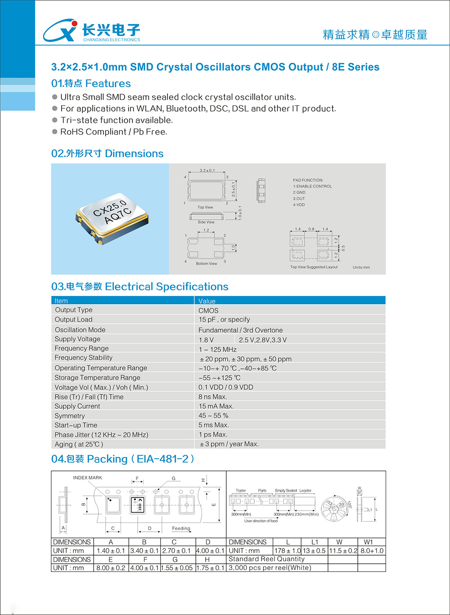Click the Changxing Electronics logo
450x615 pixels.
pos(91,31)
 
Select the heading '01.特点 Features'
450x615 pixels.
pos(91,83)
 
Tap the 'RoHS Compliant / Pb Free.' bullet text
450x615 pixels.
pos(113,132)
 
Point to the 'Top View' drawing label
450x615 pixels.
pos(205,208)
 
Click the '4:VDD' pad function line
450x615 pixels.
pos(299,205)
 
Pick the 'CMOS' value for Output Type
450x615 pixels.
pos(208,311)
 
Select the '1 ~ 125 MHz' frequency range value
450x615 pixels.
pos(217,349)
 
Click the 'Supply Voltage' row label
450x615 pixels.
pos(77,339)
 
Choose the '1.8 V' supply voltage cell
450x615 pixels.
pos(206,340)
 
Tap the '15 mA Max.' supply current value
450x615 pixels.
pos(216,406)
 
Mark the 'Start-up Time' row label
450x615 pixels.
pos(76,425)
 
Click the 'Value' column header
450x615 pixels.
pos(207,301)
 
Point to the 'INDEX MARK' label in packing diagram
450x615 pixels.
pos(87,478)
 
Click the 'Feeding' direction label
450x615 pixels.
pos(181,528)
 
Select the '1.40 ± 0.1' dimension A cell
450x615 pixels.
pos(111,551)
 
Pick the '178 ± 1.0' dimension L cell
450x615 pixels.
pos(288,551)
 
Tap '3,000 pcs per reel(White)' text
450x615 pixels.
pos(270,568)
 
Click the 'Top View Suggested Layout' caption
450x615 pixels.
pos(314,267)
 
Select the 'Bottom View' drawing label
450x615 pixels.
pos(207,264)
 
